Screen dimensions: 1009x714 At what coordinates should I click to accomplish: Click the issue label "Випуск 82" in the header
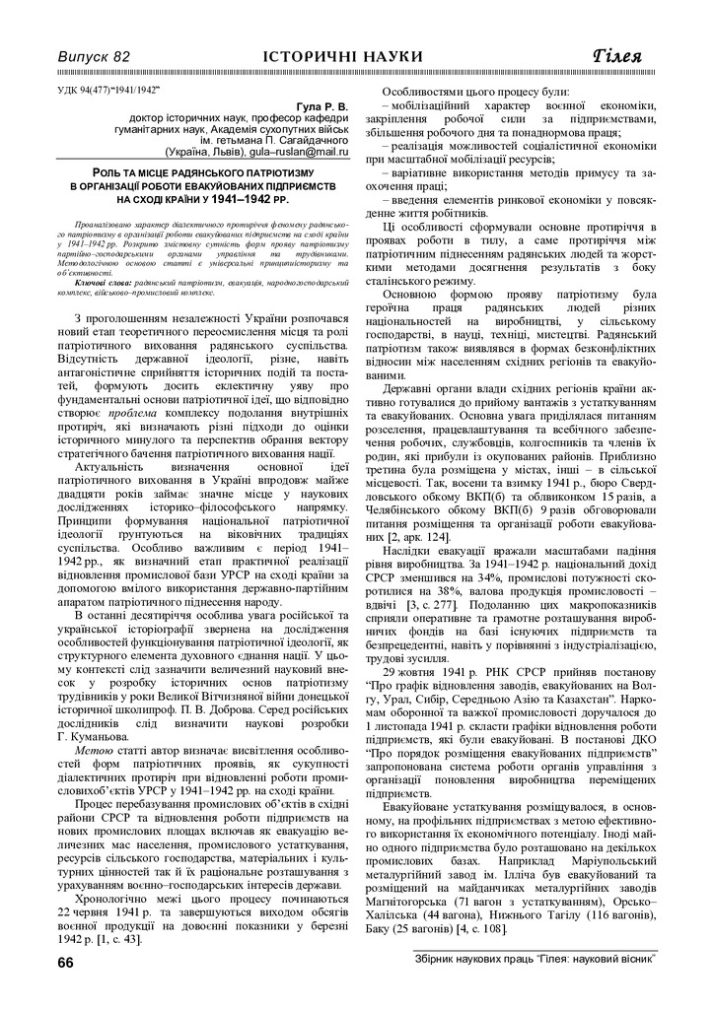point(95,56)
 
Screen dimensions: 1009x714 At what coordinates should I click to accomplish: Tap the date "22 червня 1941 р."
point(110,909)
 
